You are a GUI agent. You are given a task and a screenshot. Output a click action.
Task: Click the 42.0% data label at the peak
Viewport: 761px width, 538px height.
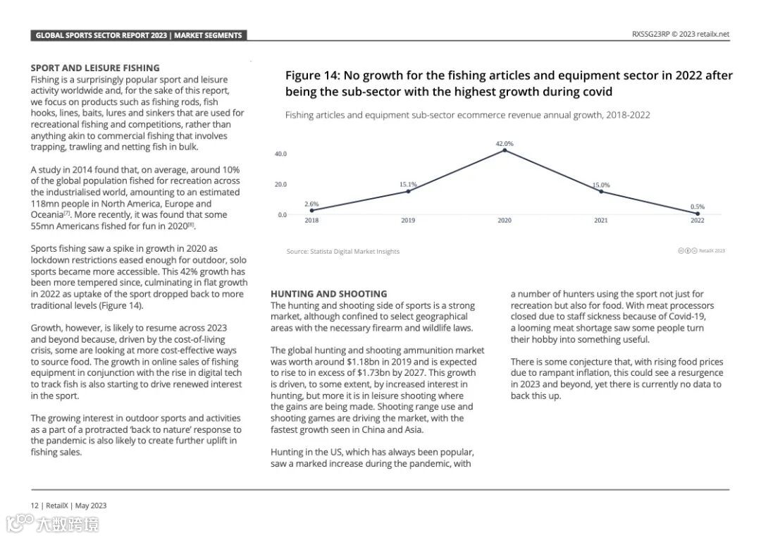[x=505, y=144]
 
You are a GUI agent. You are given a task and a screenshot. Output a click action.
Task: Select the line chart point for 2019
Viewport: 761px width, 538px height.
[x=408, y=191]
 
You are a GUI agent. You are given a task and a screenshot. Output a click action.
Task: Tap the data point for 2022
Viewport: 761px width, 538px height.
[x=697, y=213]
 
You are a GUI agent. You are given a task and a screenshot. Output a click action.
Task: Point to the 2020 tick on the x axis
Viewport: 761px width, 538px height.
[x=505, y=221]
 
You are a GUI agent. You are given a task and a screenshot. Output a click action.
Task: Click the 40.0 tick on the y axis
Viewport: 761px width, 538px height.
[x=280, y=154]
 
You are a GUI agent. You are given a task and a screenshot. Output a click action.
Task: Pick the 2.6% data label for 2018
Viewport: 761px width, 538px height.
[x=311, y=204]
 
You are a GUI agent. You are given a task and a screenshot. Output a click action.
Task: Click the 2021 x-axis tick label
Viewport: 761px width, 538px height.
[x=600, y=221]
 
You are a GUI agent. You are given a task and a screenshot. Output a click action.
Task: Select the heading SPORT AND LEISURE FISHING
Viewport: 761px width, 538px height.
[x=95, y=68]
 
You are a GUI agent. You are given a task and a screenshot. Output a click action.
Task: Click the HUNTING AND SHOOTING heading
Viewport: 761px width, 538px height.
[x=328, y=294]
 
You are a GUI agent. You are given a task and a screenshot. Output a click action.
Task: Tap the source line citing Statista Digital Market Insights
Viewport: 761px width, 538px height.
[x=342, y=251]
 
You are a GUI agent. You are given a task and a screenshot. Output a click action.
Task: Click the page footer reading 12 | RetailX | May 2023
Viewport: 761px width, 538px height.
[x=68, y=505]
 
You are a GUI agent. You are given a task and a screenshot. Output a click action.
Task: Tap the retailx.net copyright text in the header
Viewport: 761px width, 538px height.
[x=680, y=34]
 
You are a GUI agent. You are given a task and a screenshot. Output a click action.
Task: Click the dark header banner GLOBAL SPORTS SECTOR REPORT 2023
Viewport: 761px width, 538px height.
[x=139, y=35]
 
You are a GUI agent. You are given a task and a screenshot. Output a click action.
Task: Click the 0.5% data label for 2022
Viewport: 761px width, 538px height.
[x=697, y=207]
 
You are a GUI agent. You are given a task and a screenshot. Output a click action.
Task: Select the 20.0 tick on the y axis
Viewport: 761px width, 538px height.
[x=280, y=184]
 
